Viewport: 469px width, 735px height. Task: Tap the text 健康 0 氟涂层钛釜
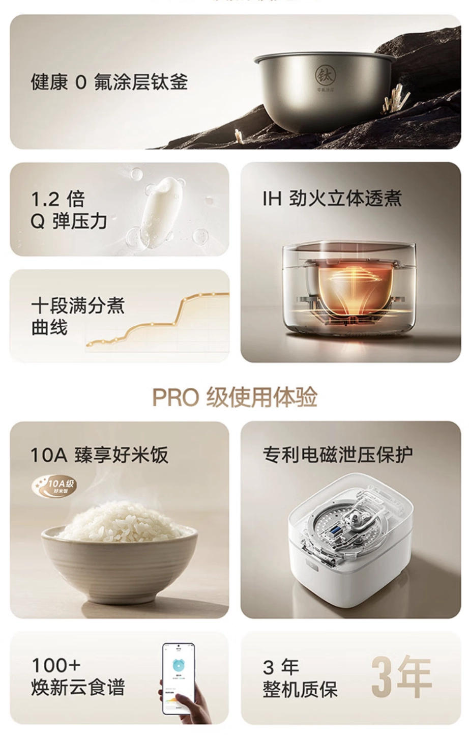point(109,82)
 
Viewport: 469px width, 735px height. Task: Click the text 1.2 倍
point(58,199)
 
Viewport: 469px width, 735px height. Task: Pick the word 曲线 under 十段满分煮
point(49,327)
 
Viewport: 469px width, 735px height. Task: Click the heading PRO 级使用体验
point(234,397)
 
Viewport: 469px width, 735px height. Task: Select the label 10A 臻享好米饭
point(99,455)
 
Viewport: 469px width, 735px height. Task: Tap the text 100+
point(56,665)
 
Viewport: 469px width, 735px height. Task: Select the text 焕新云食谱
point(78,687)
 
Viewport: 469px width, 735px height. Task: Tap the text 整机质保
point(300,690)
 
